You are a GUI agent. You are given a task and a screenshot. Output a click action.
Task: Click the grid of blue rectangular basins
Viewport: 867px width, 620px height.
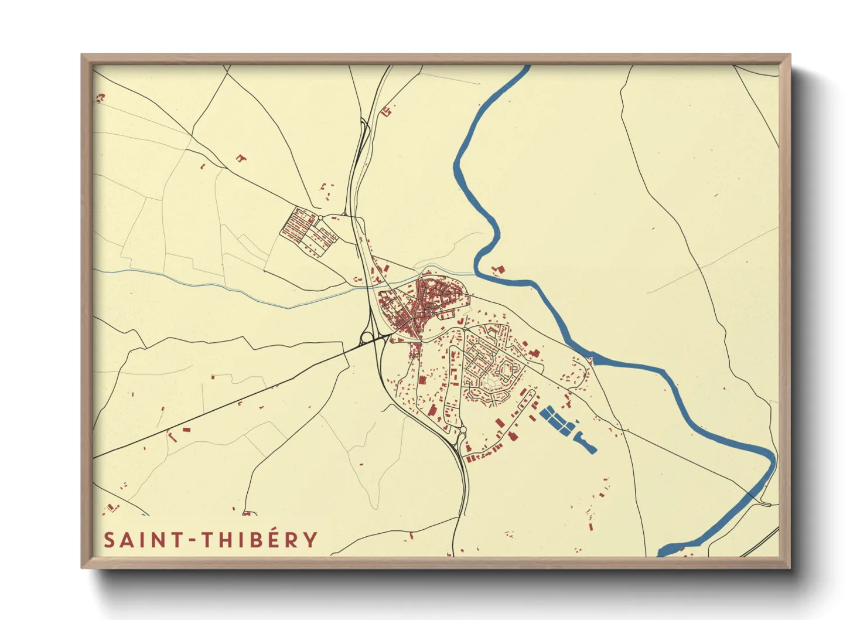[x=558, y=420]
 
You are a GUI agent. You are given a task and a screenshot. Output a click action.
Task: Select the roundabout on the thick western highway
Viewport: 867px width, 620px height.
[x=367, y=337]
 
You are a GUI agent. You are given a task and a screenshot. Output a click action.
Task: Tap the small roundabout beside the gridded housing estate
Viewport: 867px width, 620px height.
[x=320, y=218]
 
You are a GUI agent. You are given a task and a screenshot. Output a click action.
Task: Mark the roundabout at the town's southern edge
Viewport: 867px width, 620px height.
[x=463, y=431]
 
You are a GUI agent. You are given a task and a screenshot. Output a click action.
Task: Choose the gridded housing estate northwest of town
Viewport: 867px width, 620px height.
[x=308, y=232]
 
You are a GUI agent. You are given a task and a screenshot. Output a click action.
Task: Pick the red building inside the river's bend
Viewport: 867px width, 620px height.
[x=499, y=270]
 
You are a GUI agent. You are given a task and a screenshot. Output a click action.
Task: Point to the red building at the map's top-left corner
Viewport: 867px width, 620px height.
[x=101, y=97]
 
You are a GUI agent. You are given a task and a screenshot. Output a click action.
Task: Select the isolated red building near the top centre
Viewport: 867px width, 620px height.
[x=385, y=111]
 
